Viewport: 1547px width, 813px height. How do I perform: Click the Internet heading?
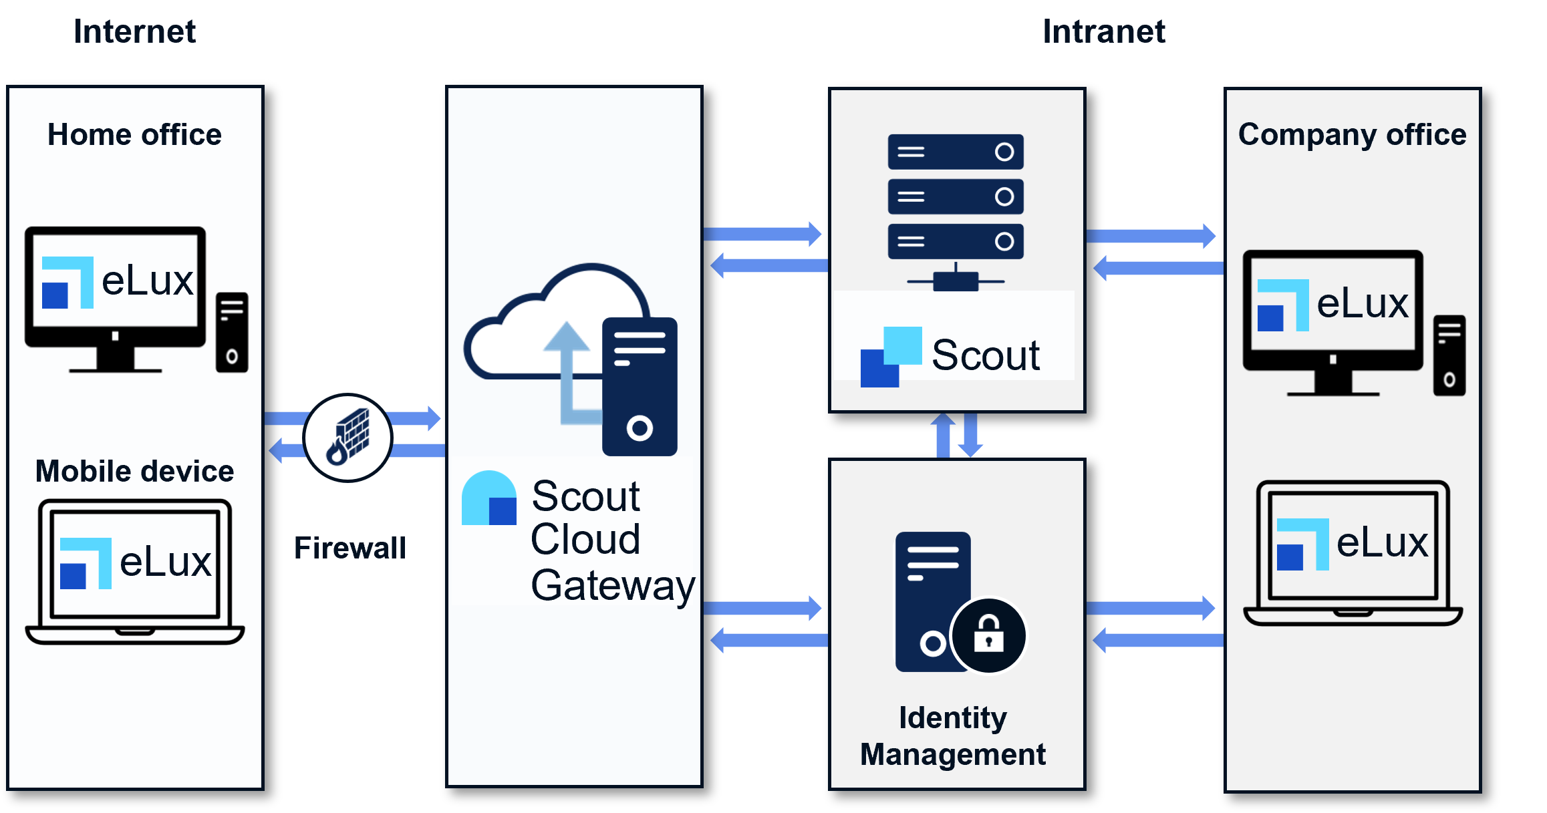134,31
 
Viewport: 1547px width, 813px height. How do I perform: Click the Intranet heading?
1104,31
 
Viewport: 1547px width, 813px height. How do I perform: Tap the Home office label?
134,135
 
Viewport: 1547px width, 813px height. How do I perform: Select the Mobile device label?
134,472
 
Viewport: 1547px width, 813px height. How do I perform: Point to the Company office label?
1352,135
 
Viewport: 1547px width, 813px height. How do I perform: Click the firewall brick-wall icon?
348,438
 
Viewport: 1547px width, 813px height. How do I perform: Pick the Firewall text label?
349,548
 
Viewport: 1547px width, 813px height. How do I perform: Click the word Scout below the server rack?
986,355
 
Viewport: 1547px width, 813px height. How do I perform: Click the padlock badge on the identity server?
988,635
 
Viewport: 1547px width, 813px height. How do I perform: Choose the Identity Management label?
953,736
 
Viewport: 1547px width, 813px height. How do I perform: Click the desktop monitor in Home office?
115,294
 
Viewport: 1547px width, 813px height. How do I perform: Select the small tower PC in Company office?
1449,355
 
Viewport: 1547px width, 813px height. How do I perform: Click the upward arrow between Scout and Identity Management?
943,435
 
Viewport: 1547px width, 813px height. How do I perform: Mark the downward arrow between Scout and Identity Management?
970,435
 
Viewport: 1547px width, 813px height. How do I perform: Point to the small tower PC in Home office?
232,332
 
